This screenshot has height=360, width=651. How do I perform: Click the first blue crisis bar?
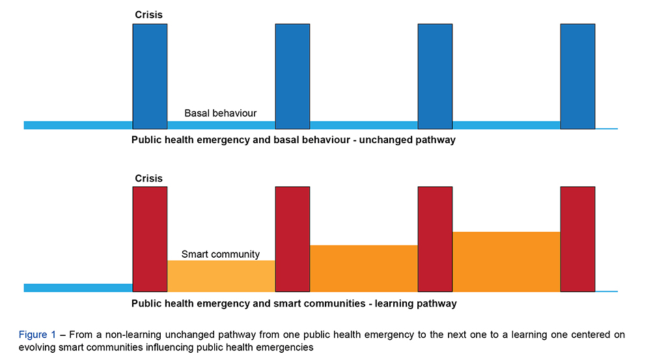pyautogui.click(x=150, y=76)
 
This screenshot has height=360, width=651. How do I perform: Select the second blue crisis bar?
pyautogui.click(x=292, y=76)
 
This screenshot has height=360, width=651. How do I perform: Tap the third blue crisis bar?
pyautogui.click(x=435, y=76)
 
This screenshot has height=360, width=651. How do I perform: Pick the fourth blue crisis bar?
pyautogui.click(x=577, y=76)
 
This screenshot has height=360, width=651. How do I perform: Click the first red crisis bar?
pyautogui.click(x=150, y=239)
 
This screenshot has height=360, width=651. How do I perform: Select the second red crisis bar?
pyautogui.click(x=292, y=239)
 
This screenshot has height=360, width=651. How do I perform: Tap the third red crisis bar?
pyautogui.click(x=435, y=239)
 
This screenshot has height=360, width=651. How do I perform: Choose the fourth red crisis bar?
pyautogui.click(x=577, y=239)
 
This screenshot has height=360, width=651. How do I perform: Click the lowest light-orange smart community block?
pyautogui.click(x=221, y=276)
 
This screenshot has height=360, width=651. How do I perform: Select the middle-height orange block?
pyautogui.click(x=364, y=268)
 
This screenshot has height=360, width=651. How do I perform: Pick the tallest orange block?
pyautogui.click(x=506, y=262)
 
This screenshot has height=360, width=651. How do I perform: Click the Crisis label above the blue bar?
pyautogui.click(x=149, y=14)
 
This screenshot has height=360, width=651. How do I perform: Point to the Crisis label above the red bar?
pyautogui.click(x=149, y=178)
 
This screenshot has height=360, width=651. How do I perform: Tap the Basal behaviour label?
pyautogui.click(x=220, y=113)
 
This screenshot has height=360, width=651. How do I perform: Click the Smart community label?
pyautogui.click(x=220, y=255)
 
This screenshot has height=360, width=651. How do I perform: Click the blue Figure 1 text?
pyautogui.click(x=37, y=335)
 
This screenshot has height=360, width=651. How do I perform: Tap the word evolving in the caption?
pyautogui.click(x=37, y=348)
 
